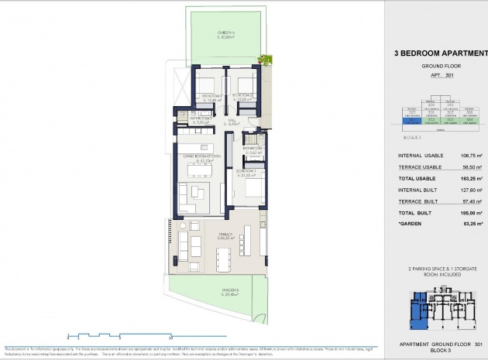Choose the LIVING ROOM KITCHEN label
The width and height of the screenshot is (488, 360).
point(203,158)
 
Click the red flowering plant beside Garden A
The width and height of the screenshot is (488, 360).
point(267,58)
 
